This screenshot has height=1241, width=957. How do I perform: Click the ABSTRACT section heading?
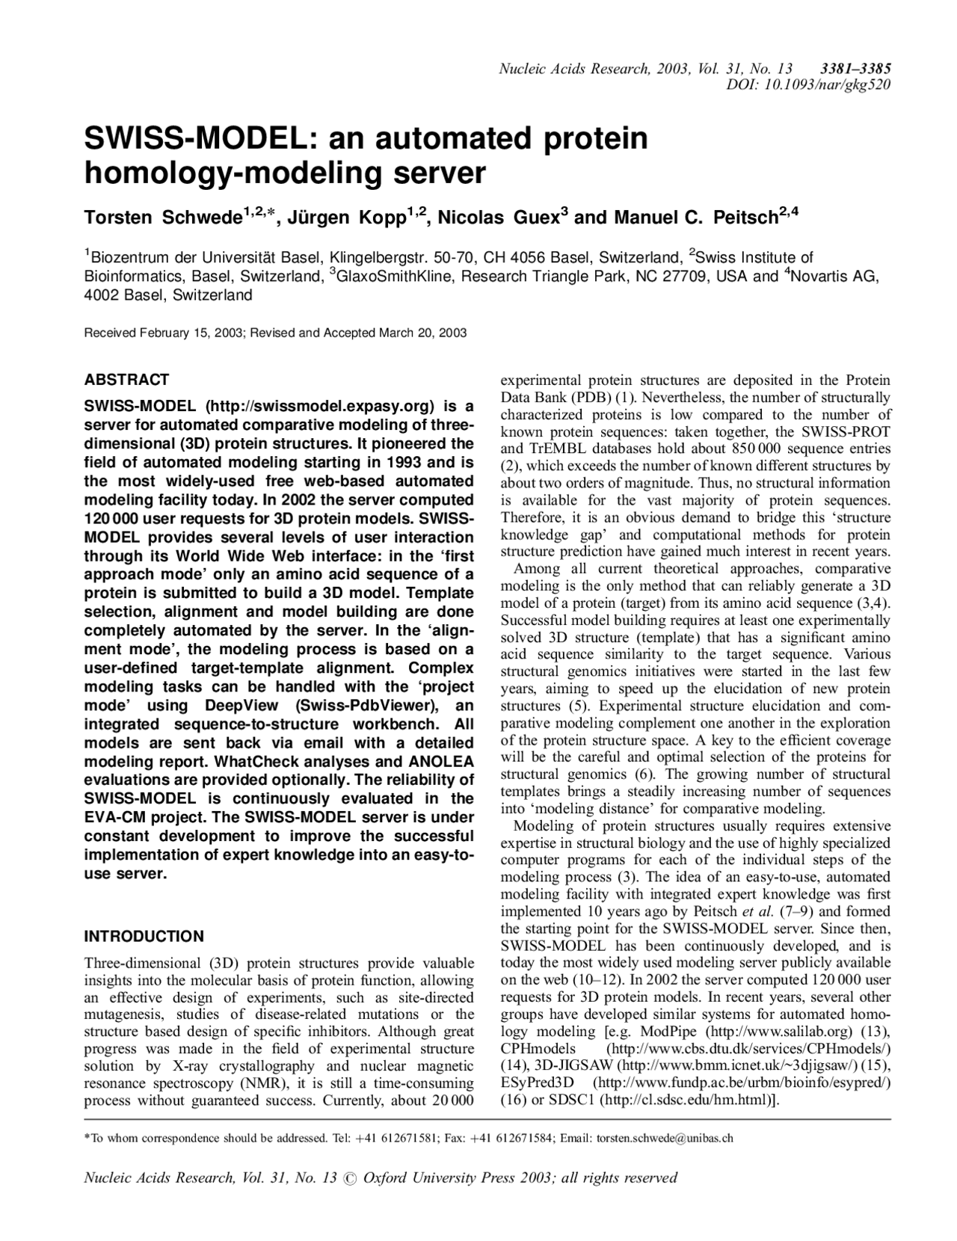point(126,380)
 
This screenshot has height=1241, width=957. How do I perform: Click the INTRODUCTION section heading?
point(144,937)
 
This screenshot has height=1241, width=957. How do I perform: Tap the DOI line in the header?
point(808,84)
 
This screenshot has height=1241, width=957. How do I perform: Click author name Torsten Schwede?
point(161,218)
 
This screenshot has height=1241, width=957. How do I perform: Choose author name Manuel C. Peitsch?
point(695,218)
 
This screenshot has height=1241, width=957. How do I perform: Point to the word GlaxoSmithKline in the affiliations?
point(390,277)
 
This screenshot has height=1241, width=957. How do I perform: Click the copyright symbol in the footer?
point(350,1179)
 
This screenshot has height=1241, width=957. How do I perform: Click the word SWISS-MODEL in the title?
point(199,140)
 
